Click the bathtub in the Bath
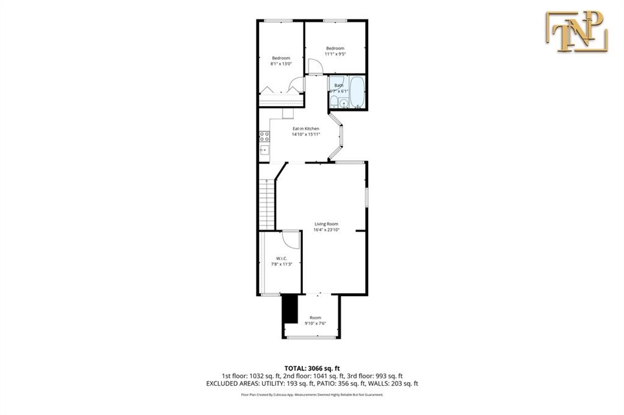[x=356, y=91]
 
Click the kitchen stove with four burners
[x=264, y=137]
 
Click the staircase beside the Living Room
[x=266, y=204]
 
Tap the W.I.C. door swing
[x=293, y=239]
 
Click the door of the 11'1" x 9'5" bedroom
[x=314, y=66]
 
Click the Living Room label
[x=326, y=224]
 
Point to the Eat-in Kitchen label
[x=305, y=129]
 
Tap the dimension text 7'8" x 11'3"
[x=282, y=263]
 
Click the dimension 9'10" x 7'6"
[x=315, y=323]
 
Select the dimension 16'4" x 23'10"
[x=326, y=230]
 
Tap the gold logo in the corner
[x=576, y=30]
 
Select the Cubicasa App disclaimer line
[x=312, y=395]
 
